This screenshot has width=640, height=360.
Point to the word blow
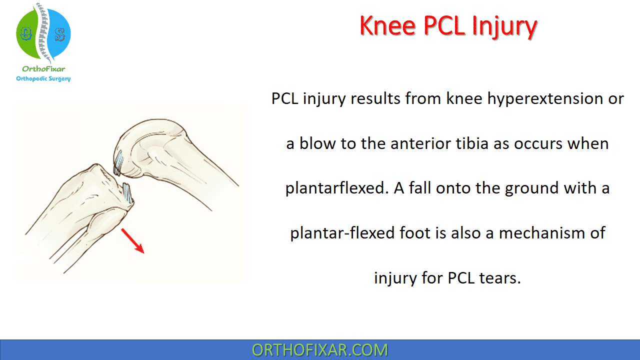[317, 143]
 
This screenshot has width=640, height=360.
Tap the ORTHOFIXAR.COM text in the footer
[320, 350]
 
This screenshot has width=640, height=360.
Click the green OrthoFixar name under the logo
[43, 69]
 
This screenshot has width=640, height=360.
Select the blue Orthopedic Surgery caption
[43, 79]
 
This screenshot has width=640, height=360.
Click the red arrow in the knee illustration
[133, 241]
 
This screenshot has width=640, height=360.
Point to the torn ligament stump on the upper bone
[118, 163]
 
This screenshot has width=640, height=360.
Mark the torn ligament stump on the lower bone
[128, 193]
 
